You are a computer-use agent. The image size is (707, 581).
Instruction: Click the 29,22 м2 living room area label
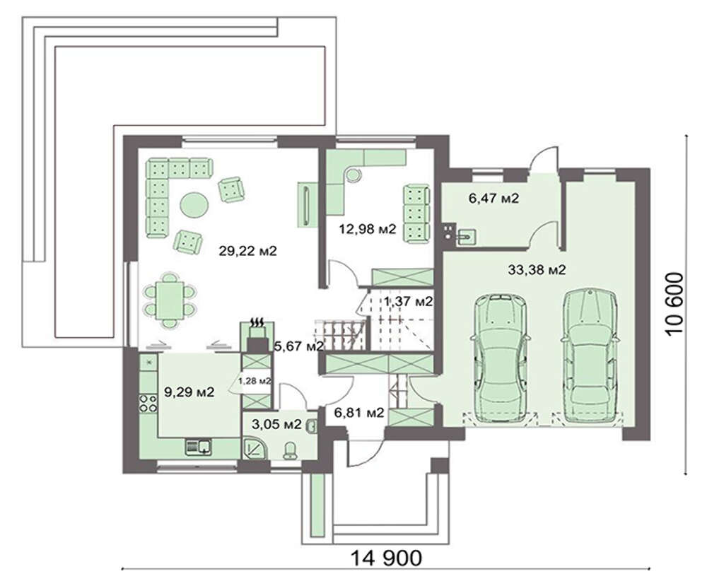[x=247, y=251]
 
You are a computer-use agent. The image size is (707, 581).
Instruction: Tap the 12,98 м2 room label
[x=368, y=229]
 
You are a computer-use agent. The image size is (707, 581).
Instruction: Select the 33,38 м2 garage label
[x=537, y=270]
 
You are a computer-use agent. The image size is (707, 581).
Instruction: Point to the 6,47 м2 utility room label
[x=493, y=198]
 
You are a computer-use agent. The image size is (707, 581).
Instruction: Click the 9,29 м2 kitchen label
[x=189, y=392]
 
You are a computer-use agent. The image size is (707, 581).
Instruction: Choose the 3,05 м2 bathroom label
[x=276, y=424]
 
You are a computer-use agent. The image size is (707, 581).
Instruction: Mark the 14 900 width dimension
[x=387, y=558]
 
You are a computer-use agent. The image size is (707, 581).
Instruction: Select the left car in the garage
[x=500, y=358]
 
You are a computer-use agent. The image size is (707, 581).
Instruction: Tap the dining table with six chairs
[x=170, y=300]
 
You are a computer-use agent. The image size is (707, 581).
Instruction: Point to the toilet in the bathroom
[x=290, y=451]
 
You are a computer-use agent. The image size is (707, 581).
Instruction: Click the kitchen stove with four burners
[x=148, y=404]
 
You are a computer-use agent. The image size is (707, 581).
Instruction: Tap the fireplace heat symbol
[x=257, y=323]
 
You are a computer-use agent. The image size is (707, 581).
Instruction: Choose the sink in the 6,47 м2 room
[x=466, y=236]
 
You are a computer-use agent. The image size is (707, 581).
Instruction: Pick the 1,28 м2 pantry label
[x=255, y=381]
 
